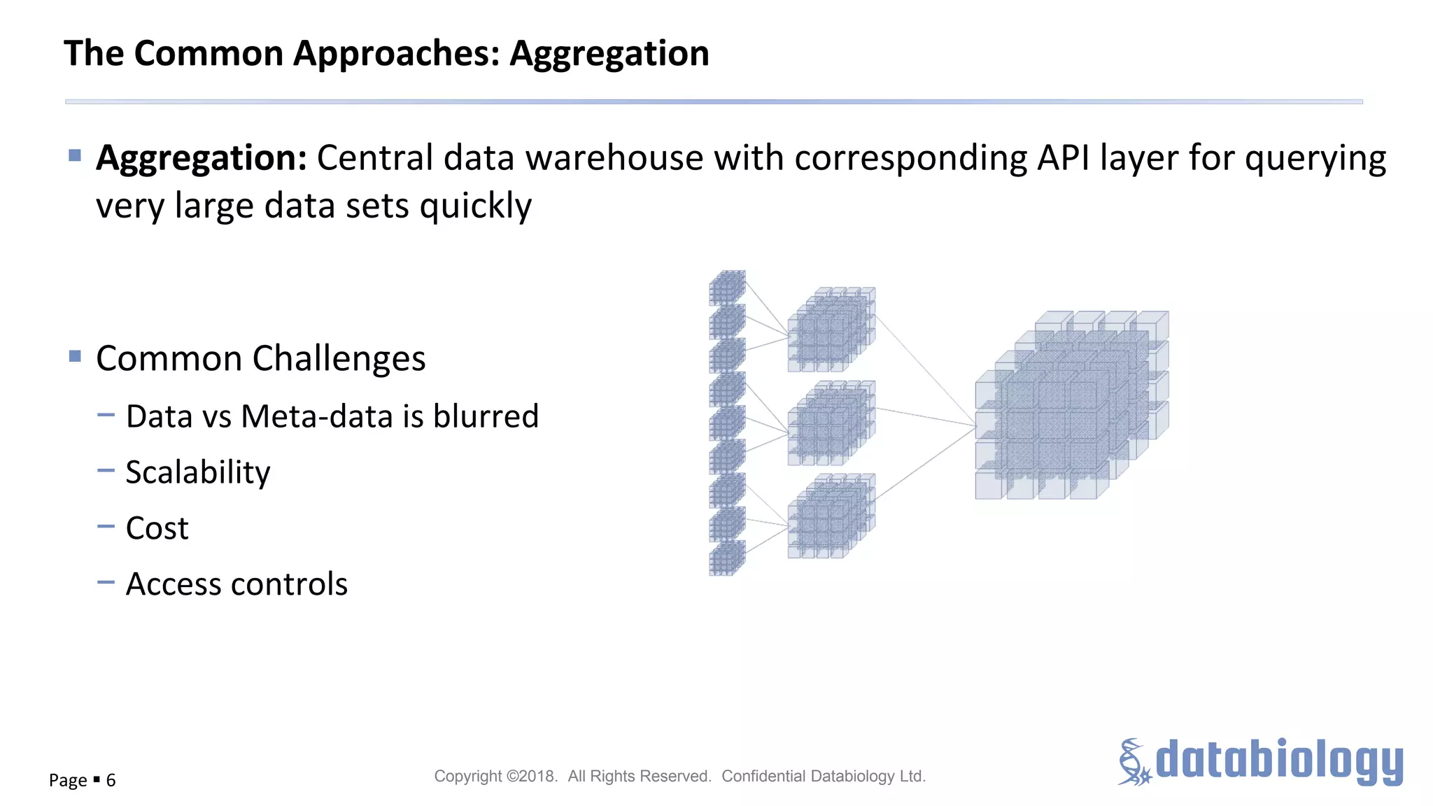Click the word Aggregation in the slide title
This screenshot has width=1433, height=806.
[x=609, y=54]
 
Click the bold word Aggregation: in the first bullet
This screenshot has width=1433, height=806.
[x=202, y=157]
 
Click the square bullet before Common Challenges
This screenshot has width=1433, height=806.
[x=76, y=357]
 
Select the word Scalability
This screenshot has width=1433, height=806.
[x=198, y=472]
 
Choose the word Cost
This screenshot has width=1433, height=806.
[x=157, y=528]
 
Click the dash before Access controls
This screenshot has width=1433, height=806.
[x=106, y=582]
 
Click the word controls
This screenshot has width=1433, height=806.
[x=292, y=584]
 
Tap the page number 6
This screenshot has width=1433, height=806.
[x=111, y=780]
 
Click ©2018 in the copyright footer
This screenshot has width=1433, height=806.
[x=532, y=776]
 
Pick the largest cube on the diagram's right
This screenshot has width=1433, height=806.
[x=1071, y=406]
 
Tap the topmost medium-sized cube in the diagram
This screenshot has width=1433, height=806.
[x=831, y=329]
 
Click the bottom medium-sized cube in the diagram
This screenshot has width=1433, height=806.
[x=831, y=516]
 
